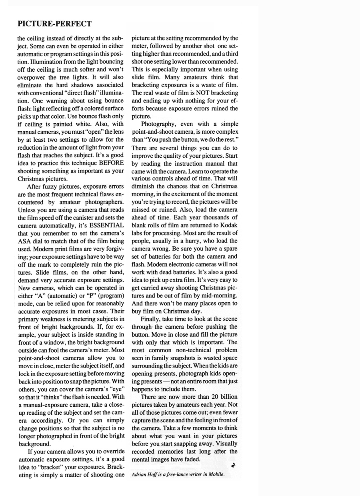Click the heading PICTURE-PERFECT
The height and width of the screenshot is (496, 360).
coord(54,24)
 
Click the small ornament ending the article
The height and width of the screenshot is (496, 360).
coord(232,466)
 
